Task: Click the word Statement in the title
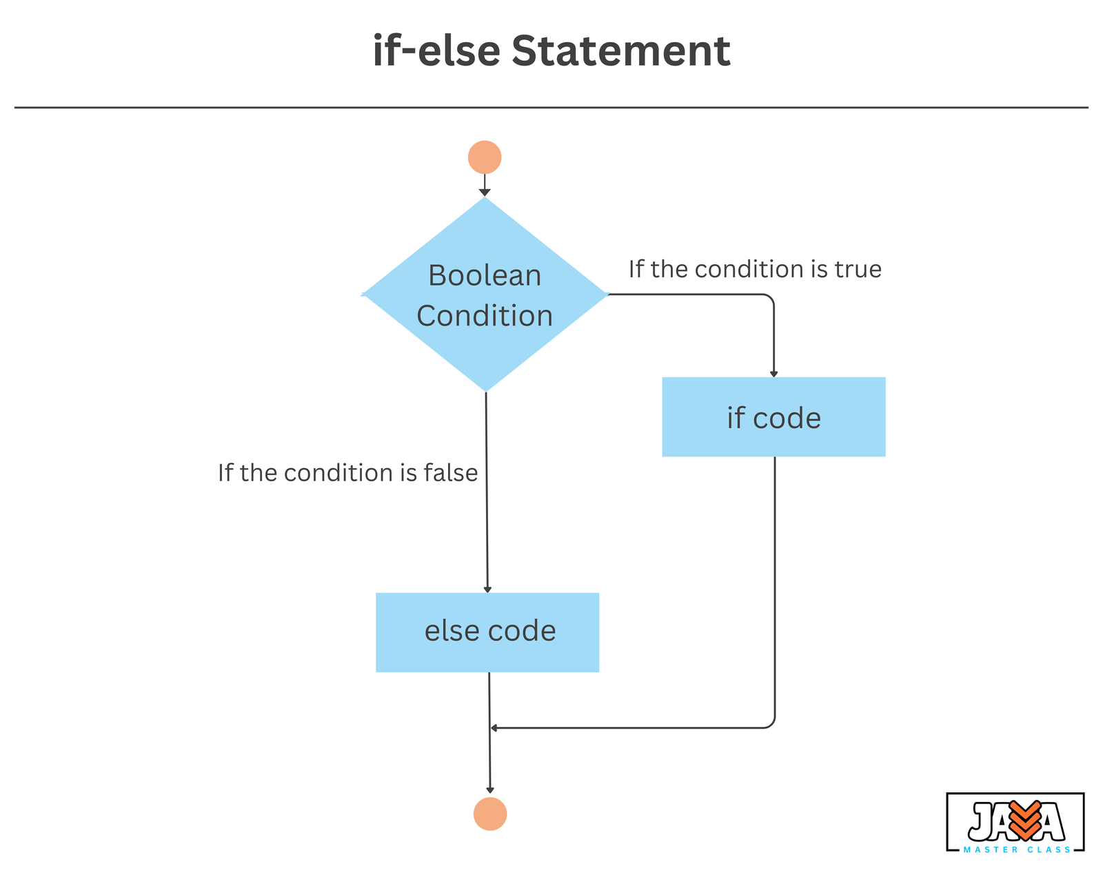pyautogui.click(x=620, y=50)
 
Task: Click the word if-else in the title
pyautogui.click(x=436, y=50)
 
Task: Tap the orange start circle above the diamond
pyautogui.click(x=485, y=157)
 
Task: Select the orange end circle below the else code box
pyautogui.click(x=490, y=814)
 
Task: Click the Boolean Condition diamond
pyautogui.click(x=485, y=294)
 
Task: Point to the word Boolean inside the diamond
pyautogui.click(x=485, y=275)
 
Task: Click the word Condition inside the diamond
pyautogui.click(x=485, y=315)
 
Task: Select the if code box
pyautogui.click(x=773, y=417)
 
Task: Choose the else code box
pyautogui.click(x=487, y=632)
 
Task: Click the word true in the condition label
pyautogui.click(x=858, y=269)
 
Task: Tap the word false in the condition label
pyautogui.click(x=451, y=472)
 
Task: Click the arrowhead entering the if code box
pyautogui.click(x=774, y=374)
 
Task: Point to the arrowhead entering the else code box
pyautogui.click(x=487, y=590)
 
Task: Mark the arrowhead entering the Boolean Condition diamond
pyautogui.click(x=485, y=193)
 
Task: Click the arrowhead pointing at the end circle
pyautogui.click(x=490, y=790)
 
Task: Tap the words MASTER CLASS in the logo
pyautogui.click(x=1017, y=850)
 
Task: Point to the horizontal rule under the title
pyautogui.click(x=551, y=108)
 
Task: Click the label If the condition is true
pyautogui.click(x=755, y=269)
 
